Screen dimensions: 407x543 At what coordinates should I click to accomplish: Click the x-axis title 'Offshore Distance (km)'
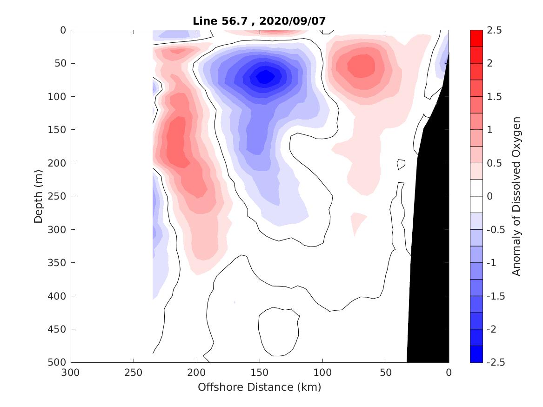(x=260, y=387)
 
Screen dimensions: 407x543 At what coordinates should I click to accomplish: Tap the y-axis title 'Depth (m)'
(x=39, y=196)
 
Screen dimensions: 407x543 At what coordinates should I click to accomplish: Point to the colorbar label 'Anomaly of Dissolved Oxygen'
(x=516, y=196)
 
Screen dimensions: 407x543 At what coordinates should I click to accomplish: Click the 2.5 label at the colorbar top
(x=496, y=30)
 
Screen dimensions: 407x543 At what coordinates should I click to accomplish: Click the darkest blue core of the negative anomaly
(x=265, y=76)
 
